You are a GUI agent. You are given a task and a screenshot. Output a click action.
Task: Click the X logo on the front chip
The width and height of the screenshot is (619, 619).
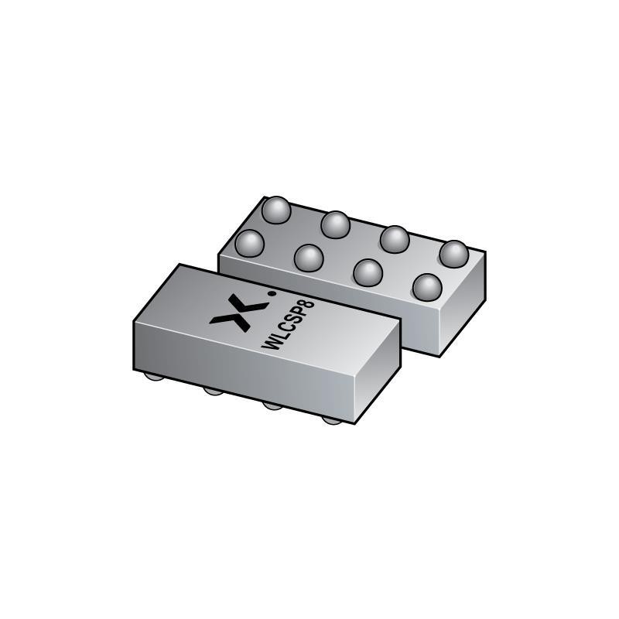(230, 313)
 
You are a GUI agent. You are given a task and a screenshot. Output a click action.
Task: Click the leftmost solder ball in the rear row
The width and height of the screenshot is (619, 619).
(275, 210)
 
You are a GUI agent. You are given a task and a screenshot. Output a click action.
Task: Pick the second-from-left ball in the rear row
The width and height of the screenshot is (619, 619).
(335, 224)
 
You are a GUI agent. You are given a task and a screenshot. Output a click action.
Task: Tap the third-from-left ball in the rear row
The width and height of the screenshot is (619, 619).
(395, 238)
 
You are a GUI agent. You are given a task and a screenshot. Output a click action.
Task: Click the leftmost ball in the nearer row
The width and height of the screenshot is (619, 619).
(249, 244)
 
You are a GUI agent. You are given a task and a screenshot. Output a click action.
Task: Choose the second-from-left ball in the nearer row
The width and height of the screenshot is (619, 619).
(308, 258)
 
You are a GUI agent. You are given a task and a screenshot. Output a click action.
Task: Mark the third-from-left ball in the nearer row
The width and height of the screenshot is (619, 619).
(368, 272)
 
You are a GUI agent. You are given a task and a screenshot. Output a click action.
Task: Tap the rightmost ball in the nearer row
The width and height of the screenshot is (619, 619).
(427, 287)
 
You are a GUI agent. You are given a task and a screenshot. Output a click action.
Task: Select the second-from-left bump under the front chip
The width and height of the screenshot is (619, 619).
(212, 392)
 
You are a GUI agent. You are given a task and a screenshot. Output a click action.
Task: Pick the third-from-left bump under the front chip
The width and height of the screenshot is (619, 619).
(271, 405)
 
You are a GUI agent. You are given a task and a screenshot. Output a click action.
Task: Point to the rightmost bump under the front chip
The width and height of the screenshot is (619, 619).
(331, 419)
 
